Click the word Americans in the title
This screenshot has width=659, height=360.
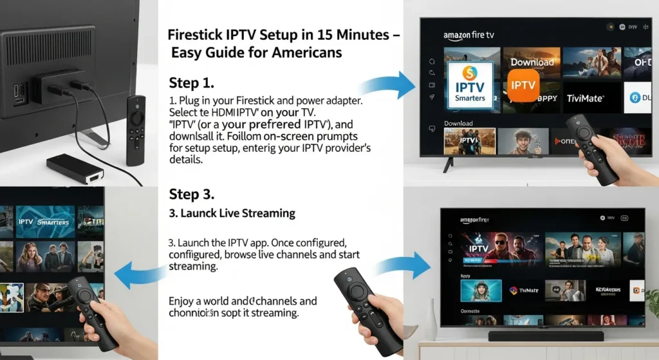point(304,52)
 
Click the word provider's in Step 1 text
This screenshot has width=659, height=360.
point(333,148)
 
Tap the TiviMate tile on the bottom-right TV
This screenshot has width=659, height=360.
point(523,290)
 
